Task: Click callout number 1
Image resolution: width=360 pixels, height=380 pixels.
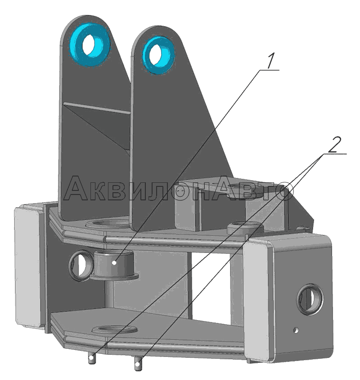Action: [x=271, y=61]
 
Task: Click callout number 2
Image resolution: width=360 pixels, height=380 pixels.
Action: [x=335, y=145]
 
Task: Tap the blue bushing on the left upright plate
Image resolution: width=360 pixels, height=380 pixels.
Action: [x=90, y=45]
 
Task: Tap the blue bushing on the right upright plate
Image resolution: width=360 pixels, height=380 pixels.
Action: [x=158, y=55]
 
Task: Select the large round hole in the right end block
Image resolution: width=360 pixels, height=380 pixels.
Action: [x=310, y=299]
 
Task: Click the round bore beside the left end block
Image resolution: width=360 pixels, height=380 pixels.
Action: [x=81, y=266]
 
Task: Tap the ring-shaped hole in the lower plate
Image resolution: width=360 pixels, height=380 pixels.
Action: [x=114, y=329]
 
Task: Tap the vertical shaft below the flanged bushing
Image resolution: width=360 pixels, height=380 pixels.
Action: [x=110, y=294]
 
